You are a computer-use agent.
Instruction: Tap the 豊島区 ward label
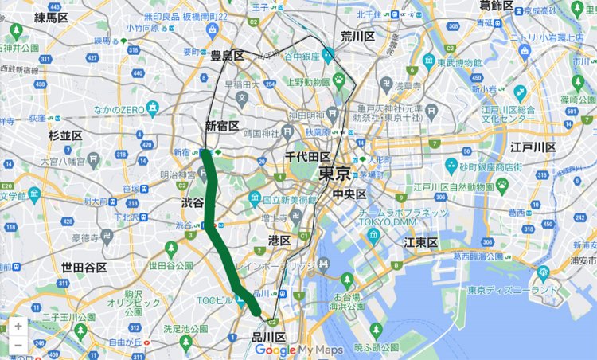pos(227,56)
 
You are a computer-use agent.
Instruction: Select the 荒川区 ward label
pos(357,37)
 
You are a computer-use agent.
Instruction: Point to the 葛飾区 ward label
pos(497,6)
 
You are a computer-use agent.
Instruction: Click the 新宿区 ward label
pos(222,126)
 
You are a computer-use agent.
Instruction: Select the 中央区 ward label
pos(349,194)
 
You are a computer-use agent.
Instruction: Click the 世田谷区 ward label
pos(84,268)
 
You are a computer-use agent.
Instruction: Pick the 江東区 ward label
pos(422,242)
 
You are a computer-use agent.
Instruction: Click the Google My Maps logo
pos(299,350)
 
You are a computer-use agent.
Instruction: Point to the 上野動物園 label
pos(309,80)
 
